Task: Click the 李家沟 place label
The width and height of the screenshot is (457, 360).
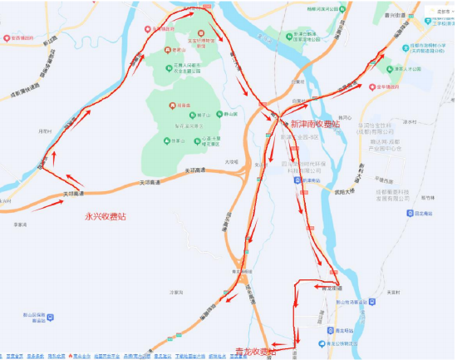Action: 21,224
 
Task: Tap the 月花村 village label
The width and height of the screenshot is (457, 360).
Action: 45,131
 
